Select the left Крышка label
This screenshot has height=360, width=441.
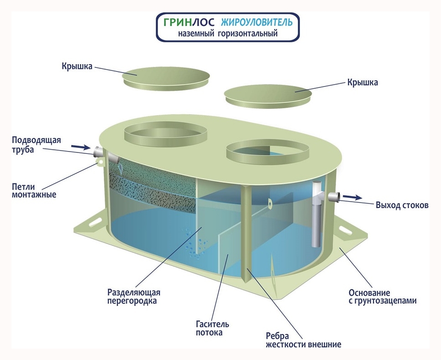(77, 66)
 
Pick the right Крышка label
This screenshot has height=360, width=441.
(363, 83)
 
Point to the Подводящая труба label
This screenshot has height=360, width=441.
(36, 144)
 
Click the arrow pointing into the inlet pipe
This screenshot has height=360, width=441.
(80, 147)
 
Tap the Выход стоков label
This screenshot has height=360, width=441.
(402, 205)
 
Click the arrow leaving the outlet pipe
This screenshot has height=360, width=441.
(352, 197)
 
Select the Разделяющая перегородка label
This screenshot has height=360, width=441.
(133, 296)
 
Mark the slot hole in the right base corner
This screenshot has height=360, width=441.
(353, 229)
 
